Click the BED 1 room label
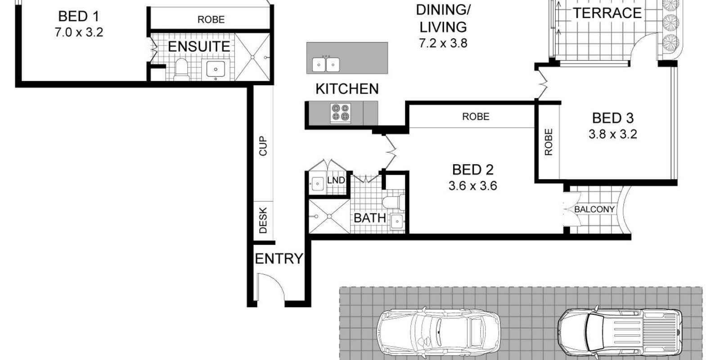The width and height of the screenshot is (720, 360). (x=78, y=17)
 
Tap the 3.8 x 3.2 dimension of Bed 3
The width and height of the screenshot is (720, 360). (x=612, y=134)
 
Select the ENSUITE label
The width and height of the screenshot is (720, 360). (x=198, y=46)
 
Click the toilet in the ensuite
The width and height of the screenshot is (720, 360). (x=180, y=68)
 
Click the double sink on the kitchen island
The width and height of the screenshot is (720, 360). (x=325, y=65)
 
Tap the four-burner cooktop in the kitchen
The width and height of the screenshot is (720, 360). (x=340, y=113)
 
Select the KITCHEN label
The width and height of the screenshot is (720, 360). (x=347, y=89)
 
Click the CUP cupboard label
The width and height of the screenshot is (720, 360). (x=263, y=146)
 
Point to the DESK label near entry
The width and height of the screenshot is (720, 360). (x=263, y=220)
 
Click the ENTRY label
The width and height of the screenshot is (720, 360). (x=279, y=259)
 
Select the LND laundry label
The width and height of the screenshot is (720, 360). (x=336, y=180)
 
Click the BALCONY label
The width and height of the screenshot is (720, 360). (x=594, y=210)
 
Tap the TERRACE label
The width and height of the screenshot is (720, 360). (x=607, y=13)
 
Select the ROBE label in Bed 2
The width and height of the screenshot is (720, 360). (x=475, y=117)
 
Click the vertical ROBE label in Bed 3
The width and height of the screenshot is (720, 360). (x=548, y=142)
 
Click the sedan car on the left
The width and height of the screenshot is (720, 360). (x=438, y=332)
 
